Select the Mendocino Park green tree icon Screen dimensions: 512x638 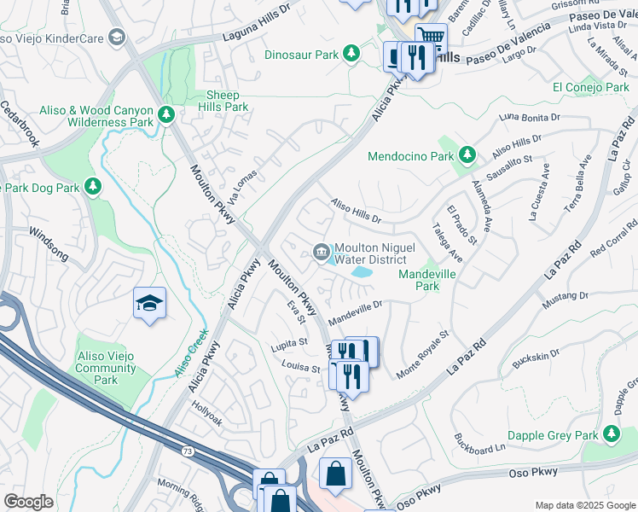tap(466, 155)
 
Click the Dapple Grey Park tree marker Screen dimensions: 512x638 tap(612, 433)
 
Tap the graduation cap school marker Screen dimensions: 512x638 tap(149, 303)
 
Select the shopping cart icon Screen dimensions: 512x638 tap(432, 38)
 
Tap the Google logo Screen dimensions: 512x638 tap(29, 501)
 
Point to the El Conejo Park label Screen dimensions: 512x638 tap(590, 87)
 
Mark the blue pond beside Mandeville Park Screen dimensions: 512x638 tap(361, 272)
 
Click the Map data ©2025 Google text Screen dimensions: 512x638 tap(583, 505)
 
